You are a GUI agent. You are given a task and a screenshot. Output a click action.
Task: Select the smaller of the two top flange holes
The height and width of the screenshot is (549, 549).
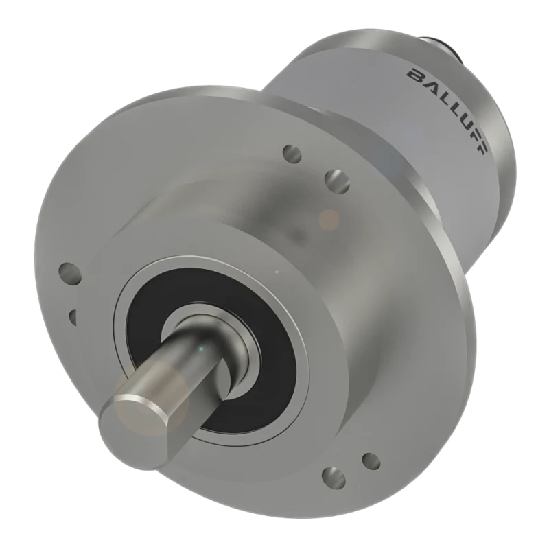click(x=292, y=154)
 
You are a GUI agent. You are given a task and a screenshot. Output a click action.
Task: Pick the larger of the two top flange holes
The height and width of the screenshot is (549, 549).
click(x=338, y=180)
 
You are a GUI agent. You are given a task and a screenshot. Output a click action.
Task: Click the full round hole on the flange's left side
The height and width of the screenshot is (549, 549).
click(x=71, y=273)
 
